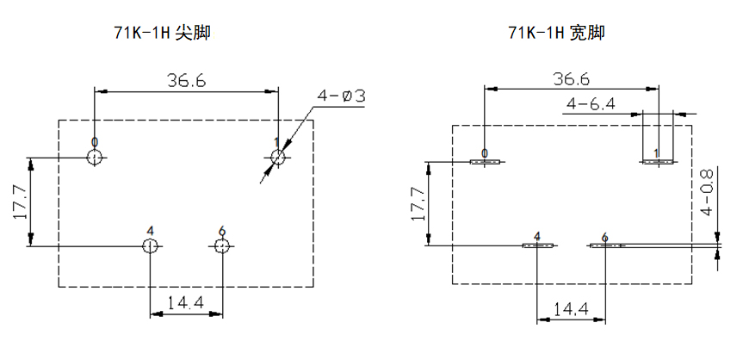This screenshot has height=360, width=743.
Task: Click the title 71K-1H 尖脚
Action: coord(162,34)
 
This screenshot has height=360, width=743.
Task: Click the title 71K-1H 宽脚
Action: coord(555,34)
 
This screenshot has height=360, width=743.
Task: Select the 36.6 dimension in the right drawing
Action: coord(571,79)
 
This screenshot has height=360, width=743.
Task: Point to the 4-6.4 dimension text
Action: coord(590,104)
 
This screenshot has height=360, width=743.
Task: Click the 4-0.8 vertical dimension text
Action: coord(707,191)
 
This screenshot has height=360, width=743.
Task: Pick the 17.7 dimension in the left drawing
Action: coord(21,202)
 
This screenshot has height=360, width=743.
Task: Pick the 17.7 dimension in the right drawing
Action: coord(418,204)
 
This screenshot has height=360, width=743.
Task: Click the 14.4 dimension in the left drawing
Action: coord(185,302)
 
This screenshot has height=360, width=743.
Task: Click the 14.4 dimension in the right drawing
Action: coord(571,307)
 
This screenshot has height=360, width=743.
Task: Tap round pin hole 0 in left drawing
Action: coord(95,158)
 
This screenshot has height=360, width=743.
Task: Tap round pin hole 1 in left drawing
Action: coord(278,158)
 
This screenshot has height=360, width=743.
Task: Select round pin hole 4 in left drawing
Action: coord(150,246)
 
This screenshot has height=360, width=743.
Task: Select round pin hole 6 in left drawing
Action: coord(222,246)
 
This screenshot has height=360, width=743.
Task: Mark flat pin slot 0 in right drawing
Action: coord(486,161)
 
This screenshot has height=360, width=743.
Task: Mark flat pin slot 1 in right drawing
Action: coord(658,160)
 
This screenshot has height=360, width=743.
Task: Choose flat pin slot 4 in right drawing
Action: coord(537,245)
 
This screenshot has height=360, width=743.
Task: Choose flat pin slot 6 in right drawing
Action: coord(606,245)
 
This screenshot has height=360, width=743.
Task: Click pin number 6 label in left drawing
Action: coord(222,230)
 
